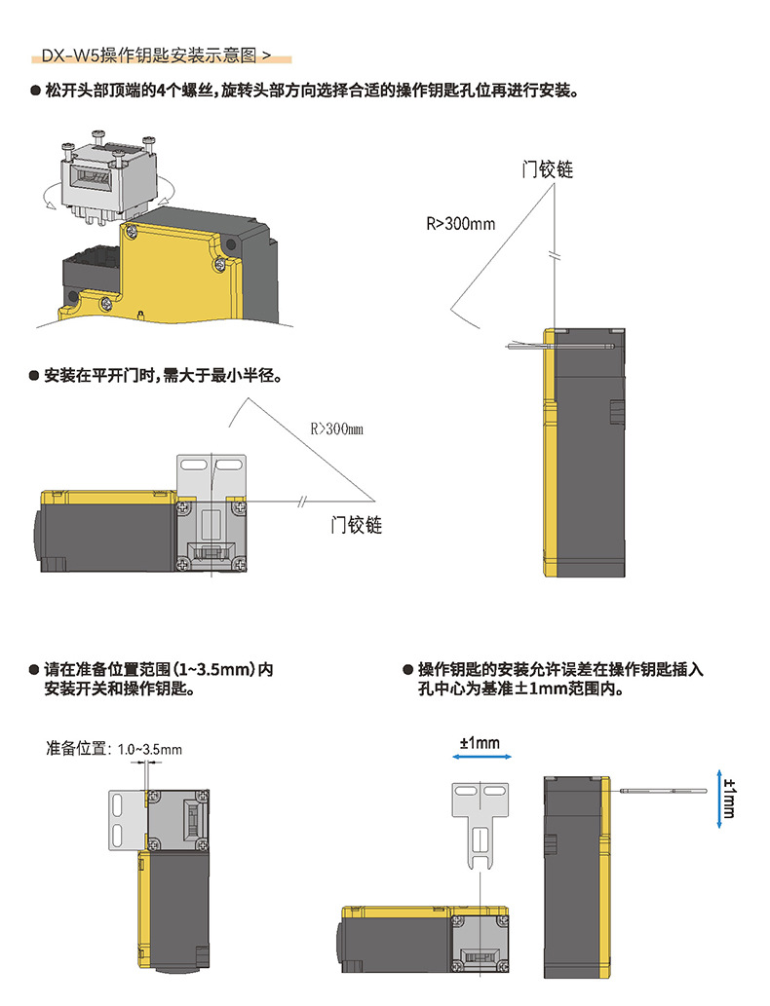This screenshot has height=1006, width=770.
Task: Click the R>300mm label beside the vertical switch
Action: (x=461, y=224)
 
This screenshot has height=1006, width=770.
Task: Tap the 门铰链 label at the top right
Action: (x=548, y=169)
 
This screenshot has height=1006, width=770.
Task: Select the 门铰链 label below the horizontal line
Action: (x=356, y=526)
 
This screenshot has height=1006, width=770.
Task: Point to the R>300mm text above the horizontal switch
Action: (x=336, y=428)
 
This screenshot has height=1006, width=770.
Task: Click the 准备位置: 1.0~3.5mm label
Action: (x=114, y=749)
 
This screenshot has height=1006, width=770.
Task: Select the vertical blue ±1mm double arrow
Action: (x=718, y=800)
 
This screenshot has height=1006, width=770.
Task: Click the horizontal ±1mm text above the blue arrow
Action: (x=479, y=743)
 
